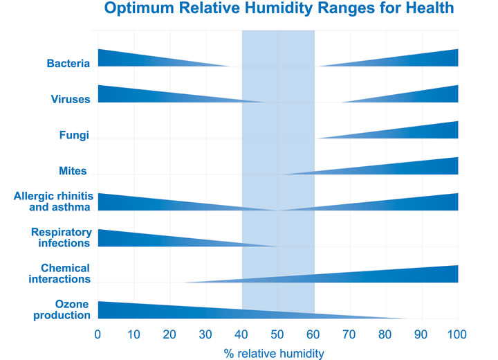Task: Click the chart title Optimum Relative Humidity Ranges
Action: [279, 10]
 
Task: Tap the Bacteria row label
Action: [68, 64]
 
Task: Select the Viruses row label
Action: [71, 100]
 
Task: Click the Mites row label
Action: [73, 170]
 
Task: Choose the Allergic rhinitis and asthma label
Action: [53, 201]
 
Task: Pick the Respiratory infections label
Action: [61, 237]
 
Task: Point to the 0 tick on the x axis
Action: [98, 334]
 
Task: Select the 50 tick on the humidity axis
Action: [277, 334]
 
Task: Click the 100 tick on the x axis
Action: [457, 334]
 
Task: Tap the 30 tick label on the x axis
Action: [205, 334]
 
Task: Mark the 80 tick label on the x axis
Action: [385, 334]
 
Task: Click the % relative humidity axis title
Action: [274, 353]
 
